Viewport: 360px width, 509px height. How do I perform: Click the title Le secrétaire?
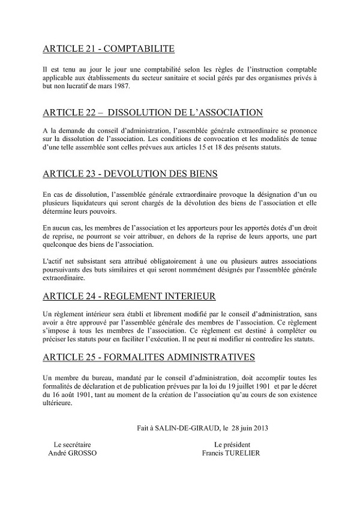coord(72,445)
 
